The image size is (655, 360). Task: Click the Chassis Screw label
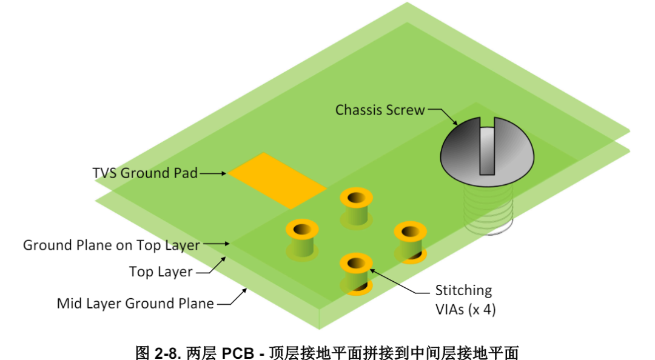pos(380,110)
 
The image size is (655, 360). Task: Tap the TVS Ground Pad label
pos(145,173)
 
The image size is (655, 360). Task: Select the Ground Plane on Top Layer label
pos(111,245)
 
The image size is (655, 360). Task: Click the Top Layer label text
pos(161,272)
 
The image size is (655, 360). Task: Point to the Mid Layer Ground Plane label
pos(135,304)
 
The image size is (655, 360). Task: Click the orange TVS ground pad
pos(277,181)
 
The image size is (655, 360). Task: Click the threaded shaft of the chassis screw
pos(489,209)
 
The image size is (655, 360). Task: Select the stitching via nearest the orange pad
pos(356,206)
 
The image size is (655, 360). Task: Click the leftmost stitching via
pos(302,239)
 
